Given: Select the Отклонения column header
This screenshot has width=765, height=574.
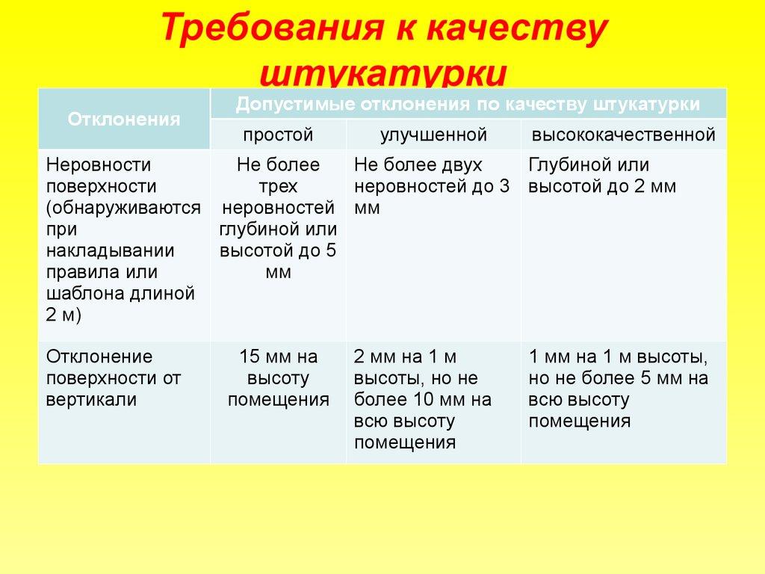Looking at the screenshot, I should point(124,119).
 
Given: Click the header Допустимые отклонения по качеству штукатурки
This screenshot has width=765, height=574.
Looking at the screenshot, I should point(468,104).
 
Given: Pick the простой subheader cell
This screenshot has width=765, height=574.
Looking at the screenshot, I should point(278,135).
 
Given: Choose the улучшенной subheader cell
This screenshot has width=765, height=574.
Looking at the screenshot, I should point(433,135).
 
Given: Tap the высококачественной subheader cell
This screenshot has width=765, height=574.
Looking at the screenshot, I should point(624,135).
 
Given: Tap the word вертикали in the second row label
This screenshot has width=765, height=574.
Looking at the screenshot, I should point(91,399).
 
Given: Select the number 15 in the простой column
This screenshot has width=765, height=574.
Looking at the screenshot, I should point(249,357).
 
